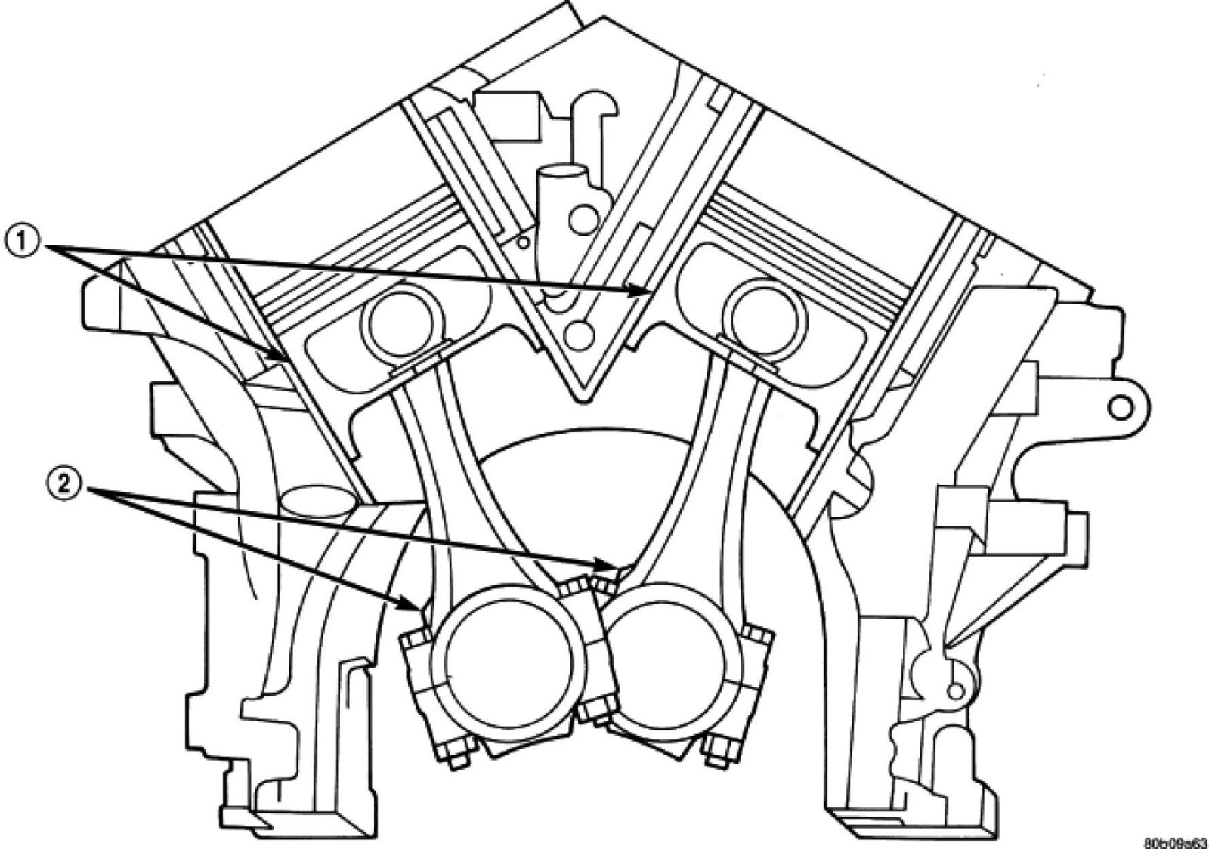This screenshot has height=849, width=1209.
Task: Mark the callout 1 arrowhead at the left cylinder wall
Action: coord(280,358)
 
